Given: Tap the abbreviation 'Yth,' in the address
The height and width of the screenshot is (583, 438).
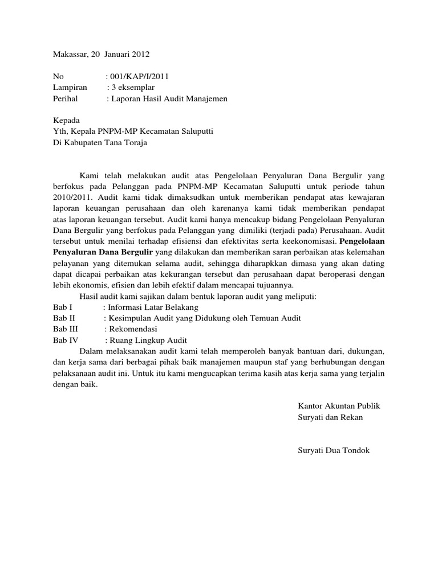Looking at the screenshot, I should click(60, 132).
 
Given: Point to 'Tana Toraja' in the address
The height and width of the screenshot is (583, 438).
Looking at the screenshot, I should click(125, 143).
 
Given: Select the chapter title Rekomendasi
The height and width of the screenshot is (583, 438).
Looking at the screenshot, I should click(133, 329).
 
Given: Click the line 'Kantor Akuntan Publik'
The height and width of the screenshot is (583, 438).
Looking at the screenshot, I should click(339, 407).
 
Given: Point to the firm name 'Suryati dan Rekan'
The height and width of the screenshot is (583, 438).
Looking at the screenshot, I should click(330, 417).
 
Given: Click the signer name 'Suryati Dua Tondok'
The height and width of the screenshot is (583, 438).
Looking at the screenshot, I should click(334, 450).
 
